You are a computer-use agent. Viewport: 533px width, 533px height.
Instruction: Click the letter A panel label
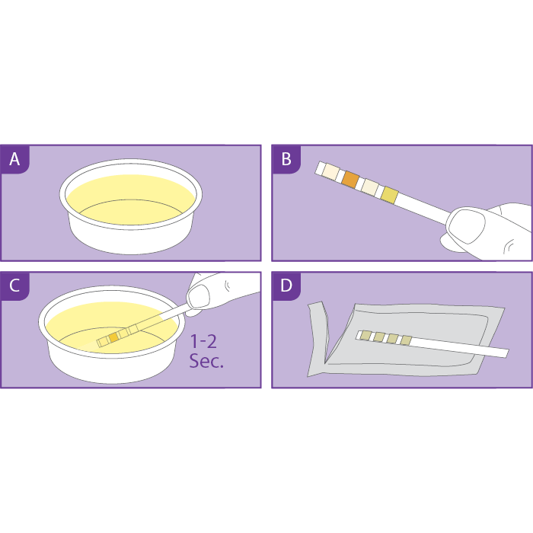click(14, 159)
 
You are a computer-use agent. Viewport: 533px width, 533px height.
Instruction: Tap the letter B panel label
click(286, 159)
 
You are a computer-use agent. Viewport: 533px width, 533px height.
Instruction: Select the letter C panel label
click(14, 286)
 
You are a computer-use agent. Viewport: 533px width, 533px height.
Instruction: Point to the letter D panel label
click(286, 286)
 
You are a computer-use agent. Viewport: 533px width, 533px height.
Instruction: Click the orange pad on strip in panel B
click(350, 180)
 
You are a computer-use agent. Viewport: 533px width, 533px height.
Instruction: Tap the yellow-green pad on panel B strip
click(389, 196)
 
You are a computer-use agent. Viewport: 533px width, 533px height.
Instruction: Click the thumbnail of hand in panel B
click(466, 225)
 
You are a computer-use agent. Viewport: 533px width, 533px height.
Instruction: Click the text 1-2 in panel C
click(203, 341)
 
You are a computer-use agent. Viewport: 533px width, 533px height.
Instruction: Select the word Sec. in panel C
click(206, 361)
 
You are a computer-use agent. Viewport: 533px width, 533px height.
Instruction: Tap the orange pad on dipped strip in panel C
click(113, 337)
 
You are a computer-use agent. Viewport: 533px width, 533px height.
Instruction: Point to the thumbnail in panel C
click(198, 296)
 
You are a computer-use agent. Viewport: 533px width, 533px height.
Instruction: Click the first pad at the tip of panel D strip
click(365, 336)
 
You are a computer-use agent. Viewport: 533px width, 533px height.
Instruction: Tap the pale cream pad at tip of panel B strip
click(330, 171)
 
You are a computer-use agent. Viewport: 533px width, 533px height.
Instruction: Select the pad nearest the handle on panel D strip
click(406, 340)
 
